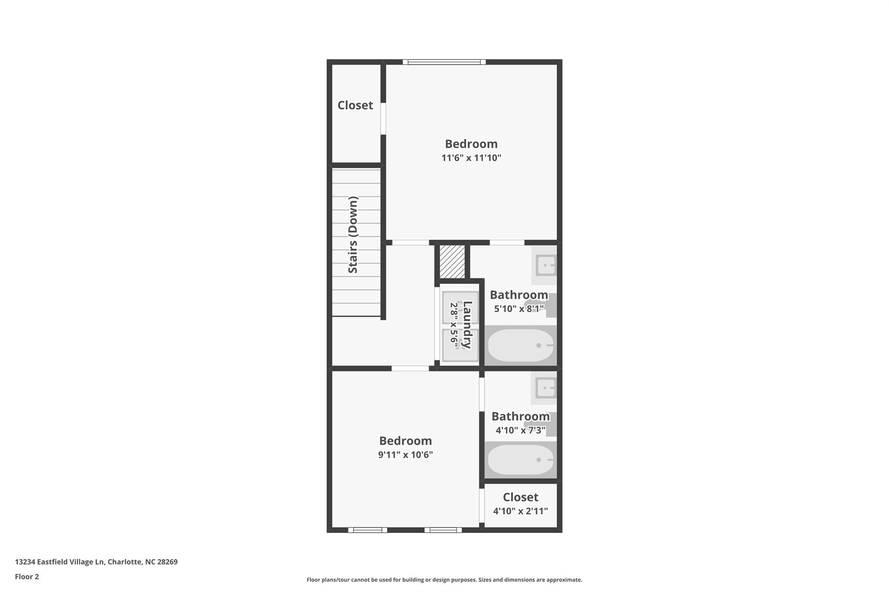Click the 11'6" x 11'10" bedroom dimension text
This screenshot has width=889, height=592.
coord(471,158)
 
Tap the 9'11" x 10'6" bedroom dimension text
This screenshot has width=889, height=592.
coord(405,455)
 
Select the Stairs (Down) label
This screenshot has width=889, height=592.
coord(353,235)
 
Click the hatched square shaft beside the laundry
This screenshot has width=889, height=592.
coord(452,262)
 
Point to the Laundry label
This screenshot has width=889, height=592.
coord(467,325)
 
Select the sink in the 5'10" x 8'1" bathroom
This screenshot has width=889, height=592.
coord(545,265)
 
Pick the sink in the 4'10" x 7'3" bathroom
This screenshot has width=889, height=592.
coord(545,388)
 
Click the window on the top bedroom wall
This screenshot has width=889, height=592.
coord(444,62)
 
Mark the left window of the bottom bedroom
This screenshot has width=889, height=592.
coord(367,530)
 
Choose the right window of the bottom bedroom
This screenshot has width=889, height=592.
coord(443,530)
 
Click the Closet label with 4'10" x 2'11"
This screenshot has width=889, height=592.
coord(520,497)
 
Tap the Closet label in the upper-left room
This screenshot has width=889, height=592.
coord(355,105)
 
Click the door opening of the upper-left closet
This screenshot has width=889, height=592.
coord(383,118)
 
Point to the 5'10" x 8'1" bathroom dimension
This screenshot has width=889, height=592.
coord(519,309)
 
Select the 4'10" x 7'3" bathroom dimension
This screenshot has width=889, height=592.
coord(520,431)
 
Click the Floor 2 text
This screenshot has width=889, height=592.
coord(27,577)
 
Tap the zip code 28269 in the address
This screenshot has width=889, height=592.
coord(167,562)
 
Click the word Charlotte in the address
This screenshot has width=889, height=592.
coord(125,562)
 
